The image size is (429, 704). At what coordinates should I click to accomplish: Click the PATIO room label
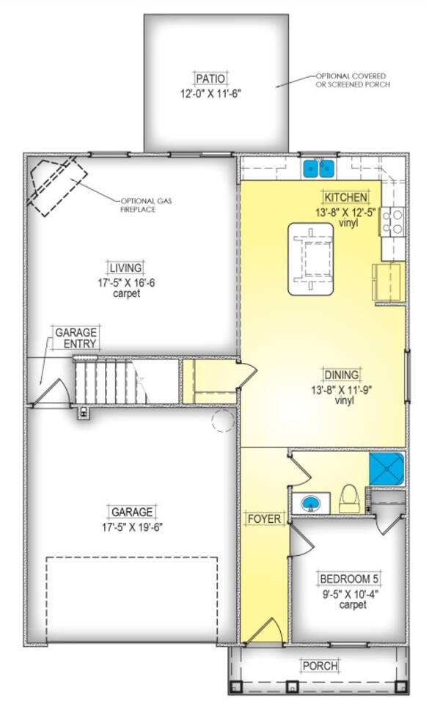(x=211, y=78)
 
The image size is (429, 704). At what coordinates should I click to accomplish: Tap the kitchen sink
(x=318, y=169)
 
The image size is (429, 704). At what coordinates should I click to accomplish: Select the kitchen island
(x=310, y=259)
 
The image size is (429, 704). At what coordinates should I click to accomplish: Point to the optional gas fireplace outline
(x=57, y=185)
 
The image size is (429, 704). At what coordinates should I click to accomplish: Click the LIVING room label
(x=125, y=268)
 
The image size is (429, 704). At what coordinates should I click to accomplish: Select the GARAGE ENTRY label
(x=76, y=338)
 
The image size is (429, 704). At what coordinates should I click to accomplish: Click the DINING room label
(x=342, y=375)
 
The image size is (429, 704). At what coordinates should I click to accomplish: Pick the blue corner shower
(x=386, y=469)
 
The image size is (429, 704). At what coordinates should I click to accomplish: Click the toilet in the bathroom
(x=349, y=499)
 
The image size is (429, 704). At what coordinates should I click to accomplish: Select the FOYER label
(x=264, y=518)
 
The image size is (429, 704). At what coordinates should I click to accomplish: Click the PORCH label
(x=320, y=665)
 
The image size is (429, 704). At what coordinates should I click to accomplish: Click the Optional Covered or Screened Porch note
(x=353, y=81)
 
